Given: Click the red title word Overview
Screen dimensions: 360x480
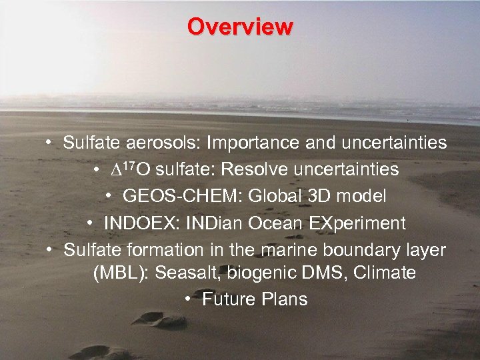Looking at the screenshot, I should pyautogui.click(x=240, y=27).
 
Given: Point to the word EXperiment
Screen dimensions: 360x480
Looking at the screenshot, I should pyautogui.click(x=355, y=223).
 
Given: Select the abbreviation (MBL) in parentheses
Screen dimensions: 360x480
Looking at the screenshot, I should pyautogui.click(x=117, y=273).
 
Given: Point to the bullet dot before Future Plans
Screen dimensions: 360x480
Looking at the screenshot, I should pyautogui.click(x=189, y=299).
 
